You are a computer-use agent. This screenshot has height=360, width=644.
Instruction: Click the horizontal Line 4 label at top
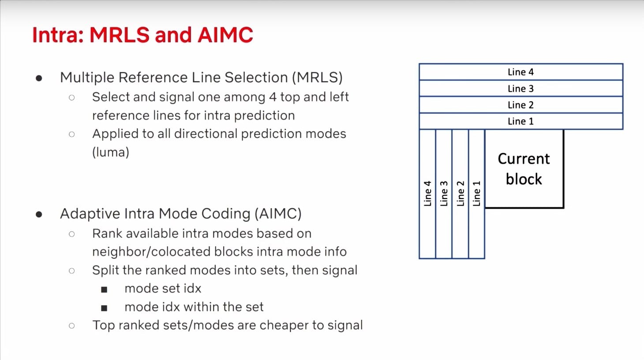point(520,72)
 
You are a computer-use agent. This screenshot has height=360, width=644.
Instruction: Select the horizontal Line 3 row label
point(520,88)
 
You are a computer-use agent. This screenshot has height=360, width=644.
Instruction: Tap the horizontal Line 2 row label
point(520,105)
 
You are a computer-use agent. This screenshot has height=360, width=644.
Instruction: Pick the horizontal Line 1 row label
point(520,121)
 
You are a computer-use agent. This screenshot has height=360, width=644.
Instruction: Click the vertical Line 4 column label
point(427,193)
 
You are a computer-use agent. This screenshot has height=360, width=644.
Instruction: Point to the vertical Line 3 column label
point(444,193)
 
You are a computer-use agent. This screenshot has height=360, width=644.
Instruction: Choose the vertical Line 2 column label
point(461,193)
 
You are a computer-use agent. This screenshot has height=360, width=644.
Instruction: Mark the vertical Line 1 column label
point(476,193)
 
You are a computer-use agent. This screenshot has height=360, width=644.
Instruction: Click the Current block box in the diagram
point(524,169)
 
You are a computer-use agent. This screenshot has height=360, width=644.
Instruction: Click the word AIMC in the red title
point(225,35)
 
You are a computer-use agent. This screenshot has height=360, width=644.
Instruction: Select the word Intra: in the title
point(58,35)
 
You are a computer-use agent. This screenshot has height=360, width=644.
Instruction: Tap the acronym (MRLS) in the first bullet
point(317,78)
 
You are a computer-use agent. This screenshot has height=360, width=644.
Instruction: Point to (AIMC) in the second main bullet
point(278,214)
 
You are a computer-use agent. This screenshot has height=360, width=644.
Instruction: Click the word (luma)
point(111,152)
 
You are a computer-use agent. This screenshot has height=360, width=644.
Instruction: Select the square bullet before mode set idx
point(104,289)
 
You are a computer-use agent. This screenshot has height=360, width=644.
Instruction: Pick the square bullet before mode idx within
point(104,308)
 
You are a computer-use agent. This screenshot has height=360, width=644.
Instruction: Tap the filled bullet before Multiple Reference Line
point(39,79)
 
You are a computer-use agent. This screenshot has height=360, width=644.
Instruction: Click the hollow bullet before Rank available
point(71,234)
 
